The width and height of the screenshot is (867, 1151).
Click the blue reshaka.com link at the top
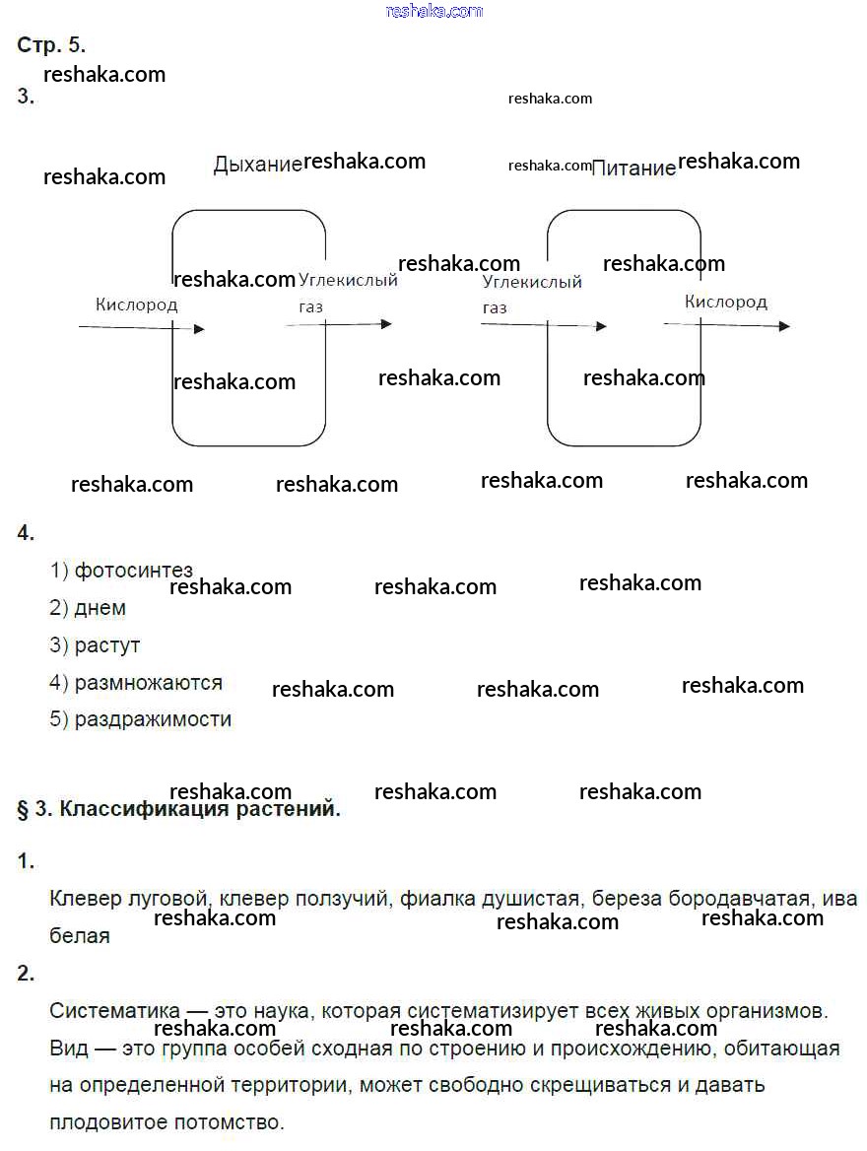pos(433,11)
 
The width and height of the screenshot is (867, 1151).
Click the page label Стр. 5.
pos(51,44)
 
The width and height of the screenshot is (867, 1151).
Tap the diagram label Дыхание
pos(258,164)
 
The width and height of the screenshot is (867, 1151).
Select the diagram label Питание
pos(634,169)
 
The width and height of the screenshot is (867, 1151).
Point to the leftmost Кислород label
pos(137,304)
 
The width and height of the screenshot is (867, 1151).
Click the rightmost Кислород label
pos(726,302)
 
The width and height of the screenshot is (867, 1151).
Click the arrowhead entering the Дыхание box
pos(199,329)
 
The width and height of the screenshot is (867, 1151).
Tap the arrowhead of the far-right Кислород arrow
pos(785,326)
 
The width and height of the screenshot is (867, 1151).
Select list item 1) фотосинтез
pos(121,571)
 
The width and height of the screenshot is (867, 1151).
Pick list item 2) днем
pos(88,608)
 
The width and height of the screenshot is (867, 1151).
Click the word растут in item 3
pos(107,646)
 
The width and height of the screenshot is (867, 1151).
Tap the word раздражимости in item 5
pos(153,719)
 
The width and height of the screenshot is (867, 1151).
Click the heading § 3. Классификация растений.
pos(179,809)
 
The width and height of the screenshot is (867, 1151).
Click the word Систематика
pos(114,1011)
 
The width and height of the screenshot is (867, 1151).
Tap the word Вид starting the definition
pos(69,1049)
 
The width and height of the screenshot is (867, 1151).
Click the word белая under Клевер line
pos(79,936)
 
